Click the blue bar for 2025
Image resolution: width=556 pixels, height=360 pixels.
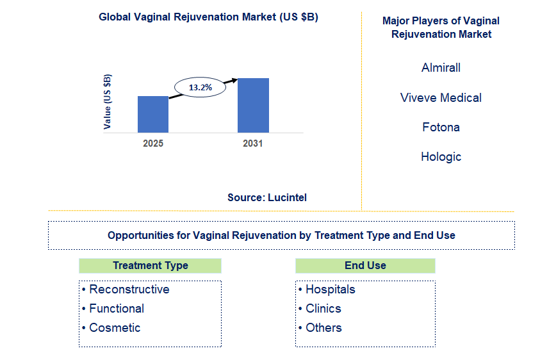153,114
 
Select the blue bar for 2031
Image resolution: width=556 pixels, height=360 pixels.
253,105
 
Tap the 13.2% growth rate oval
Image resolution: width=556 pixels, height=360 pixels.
200,87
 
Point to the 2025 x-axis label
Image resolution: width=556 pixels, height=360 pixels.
153,143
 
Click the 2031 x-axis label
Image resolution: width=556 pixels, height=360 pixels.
253,143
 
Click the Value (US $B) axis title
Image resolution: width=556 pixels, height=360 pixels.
108,101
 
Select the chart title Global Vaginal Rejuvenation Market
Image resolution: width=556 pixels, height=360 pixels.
208,17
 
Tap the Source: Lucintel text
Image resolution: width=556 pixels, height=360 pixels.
267,197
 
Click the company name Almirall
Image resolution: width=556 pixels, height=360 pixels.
441,67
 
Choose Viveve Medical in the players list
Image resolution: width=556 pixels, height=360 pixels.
441,97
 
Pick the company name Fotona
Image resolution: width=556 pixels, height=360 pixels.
441,127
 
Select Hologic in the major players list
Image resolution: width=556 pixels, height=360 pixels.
441,156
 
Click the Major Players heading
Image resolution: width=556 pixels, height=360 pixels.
441,28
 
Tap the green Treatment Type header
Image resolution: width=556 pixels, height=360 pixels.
150,265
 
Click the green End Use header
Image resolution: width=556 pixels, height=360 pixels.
365,265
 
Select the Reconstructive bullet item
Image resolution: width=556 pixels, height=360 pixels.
129,290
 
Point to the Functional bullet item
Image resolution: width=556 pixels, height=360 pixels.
116,309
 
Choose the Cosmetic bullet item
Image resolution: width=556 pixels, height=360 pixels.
114,328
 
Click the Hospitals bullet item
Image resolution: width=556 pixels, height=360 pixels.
329,290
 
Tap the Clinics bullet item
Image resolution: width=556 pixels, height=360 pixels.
323,309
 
